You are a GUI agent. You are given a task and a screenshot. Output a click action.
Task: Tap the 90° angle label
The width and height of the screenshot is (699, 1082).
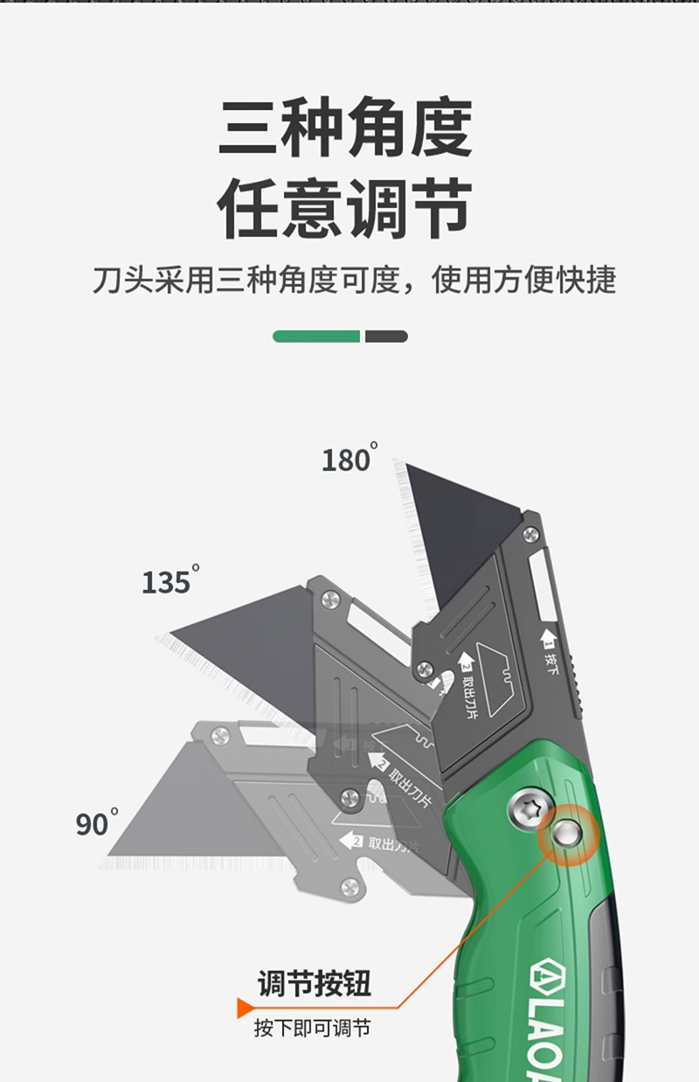coord(96,822)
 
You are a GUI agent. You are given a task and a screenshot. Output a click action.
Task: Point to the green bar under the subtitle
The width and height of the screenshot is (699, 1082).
coord(316,336)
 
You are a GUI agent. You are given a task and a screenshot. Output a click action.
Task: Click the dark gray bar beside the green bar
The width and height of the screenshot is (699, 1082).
coord(386,336)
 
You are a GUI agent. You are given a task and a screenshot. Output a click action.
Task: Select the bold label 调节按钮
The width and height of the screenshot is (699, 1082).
coord(315,983)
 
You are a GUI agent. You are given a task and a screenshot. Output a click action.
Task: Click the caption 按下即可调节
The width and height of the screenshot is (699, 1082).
coord(312,1027)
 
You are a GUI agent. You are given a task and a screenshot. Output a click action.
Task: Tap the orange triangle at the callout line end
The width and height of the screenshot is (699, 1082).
coord(246,1008)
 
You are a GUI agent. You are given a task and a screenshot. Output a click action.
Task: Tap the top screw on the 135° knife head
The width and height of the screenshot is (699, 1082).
coord(330,599)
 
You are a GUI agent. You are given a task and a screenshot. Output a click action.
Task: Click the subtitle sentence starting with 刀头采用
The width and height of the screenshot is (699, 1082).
coord(354,280)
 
